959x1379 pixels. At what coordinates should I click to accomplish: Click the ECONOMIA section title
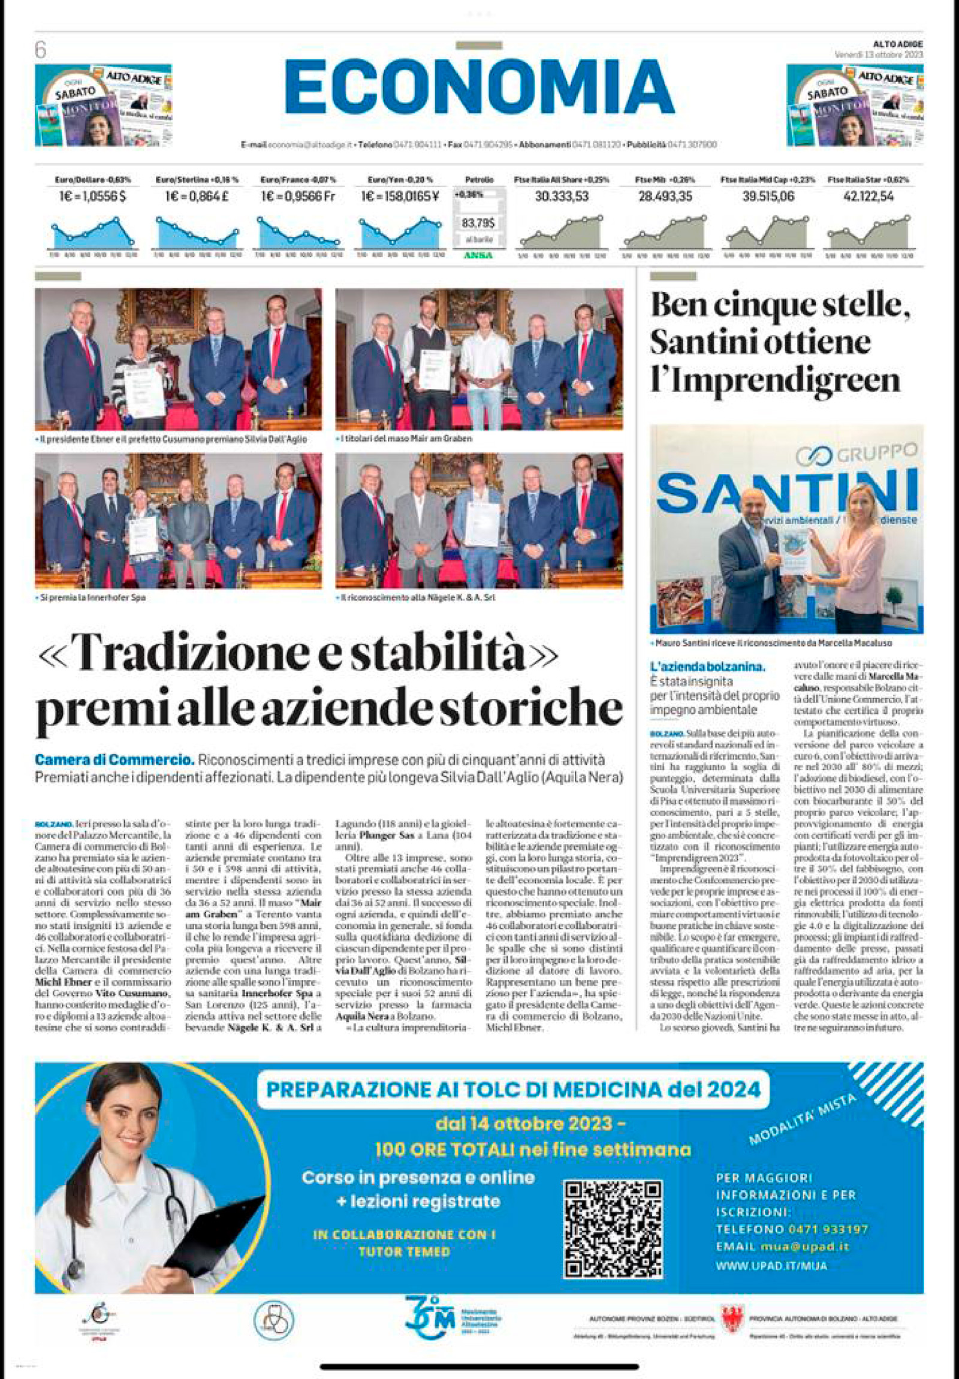coord(479,87)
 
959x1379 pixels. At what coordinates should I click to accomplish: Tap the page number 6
coord(40,50)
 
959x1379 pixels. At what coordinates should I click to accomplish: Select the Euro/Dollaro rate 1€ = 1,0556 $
coord(92,197)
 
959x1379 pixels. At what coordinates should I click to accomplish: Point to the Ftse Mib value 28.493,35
coord(665,197)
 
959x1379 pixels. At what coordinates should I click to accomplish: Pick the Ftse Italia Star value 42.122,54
coord(868,197)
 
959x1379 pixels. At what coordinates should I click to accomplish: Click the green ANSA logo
coord(478,255)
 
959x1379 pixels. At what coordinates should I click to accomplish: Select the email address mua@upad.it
coord(805,1247)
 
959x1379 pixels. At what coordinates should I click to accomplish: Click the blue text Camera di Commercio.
coord(114,761)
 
